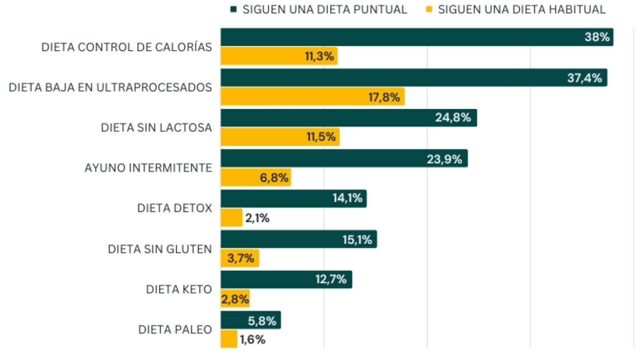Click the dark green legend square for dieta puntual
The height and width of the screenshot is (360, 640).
pyautogui.click(x=234, y=9)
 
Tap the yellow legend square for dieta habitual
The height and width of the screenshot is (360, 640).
pyautogui.click(x=429, y=9)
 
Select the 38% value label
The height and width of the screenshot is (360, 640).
pyautogui.click(x=597, y=37)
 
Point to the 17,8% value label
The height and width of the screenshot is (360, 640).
pyautogui.click(x=384, y=97)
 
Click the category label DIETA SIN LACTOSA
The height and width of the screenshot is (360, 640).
pyautogui.click(x=156, y=128)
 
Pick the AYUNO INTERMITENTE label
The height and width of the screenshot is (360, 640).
pyautogui.click(x=148, y=168)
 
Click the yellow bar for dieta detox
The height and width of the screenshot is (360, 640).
pyautogui.click(x=231, y=218)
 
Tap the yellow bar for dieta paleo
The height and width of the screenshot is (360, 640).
pyautogui.click(x=229, y=339)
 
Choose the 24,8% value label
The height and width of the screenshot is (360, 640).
pyautogui.click(x=453, y=118)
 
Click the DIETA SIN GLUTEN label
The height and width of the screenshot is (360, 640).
pyautogui.click(x=160, y=249)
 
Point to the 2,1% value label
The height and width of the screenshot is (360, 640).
pyautogui.click(x=257, y=218)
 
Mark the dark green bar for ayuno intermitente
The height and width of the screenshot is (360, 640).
pyautogui.click(x=320, y=158)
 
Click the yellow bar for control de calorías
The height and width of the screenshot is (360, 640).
pyautogui.click(x=260, y=56)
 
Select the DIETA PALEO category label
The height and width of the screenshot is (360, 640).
pyautogui.click(x=175, y=330)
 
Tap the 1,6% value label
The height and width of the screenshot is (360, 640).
pyautogui.click(x=252, y=340)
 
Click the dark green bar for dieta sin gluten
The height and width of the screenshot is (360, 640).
pyautogui.click(x=280, y=239)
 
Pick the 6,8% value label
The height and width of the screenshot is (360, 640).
pyautogui.click(x=274, y=178)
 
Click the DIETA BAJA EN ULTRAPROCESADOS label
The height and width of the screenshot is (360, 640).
pyautogui.click(x=110, y=88)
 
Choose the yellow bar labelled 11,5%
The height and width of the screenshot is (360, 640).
pyautogui.click(x=260, y=137)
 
